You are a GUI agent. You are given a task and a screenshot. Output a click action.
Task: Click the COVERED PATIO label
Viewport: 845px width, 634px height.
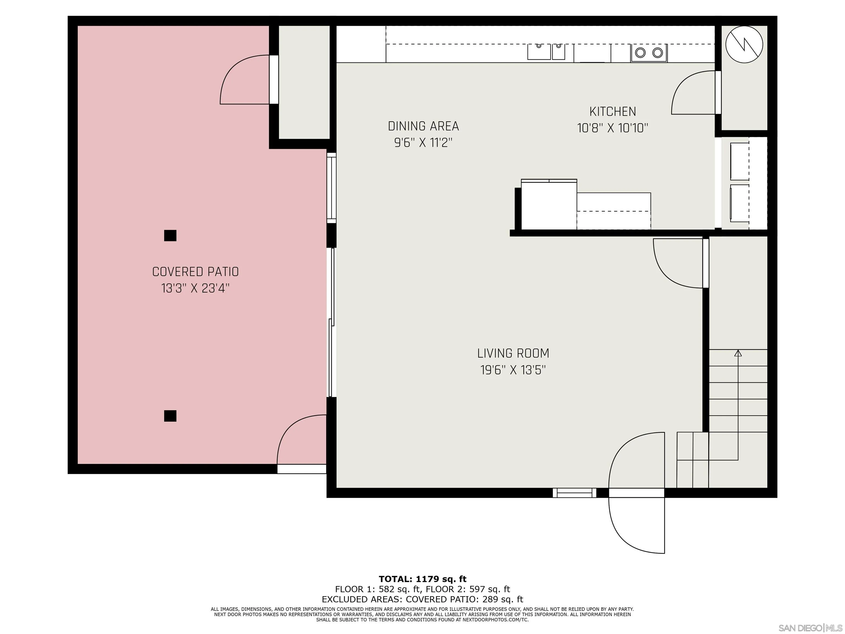195,272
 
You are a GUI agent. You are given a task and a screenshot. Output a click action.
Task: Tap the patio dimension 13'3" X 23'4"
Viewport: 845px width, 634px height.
195,288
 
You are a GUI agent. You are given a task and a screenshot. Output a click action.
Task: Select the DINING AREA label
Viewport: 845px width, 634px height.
423,126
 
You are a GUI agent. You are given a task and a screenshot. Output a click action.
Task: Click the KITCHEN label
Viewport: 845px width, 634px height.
613,112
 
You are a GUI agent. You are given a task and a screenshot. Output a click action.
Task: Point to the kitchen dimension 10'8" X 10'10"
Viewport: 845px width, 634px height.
613,128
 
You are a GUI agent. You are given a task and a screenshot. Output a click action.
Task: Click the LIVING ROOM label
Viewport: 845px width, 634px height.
513,354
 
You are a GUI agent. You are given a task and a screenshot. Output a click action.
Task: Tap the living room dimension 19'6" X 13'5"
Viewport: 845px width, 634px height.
513,370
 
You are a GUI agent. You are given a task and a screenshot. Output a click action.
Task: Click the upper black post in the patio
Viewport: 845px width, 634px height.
170,235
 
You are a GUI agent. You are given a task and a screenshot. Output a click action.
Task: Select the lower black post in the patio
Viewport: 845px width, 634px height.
170,416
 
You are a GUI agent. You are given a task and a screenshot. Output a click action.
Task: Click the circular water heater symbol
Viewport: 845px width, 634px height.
744,44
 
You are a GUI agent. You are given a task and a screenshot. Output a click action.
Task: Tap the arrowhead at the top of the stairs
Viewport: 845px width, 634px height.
738,354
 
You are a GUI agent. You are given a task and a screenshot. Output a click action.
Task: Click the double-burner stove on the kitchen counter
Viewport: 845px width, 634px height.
649,53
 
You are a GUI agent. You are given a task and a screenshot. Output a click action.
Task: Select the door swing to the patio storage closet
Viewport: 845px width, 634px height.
244,80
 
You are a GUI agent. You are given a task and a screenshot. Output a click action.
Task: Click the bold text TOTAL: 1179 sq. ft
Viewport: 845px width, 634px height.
422,579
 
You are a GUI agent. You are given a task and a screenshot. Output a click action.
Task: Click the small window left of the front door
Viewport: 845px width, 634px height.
574,493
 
